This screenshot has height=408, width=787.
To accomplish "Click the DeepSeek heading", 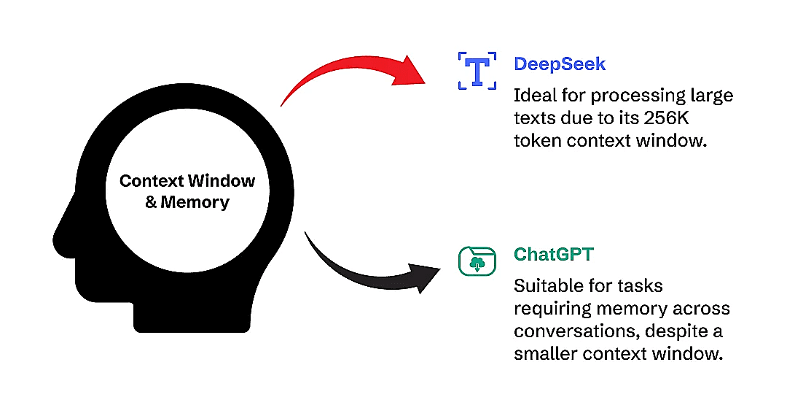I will (x=559, y=63).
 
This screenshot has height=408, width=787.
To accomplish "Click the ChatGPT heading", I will (x=553, y=255).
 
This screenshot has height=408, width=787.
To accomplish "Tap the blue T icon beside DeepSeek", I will (x=477, y=71).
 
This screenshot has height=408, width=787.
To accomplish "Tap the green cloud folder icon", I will (x=477, y=261).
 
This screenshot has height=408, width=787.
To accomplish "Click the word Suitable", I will (x=552, y=286).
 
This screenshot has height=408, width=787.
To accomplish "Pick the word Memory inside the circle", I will (x=195, y=202).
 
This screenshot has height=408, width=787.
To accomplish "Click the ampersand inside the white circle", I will (x=151, y=202).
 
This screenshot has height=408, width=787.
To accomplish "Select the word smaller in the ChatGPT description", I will (x=545, y=354).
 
